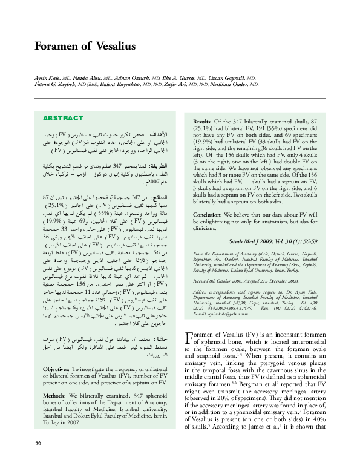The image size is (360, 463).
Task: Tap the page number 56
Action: (x=38, y=443)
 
